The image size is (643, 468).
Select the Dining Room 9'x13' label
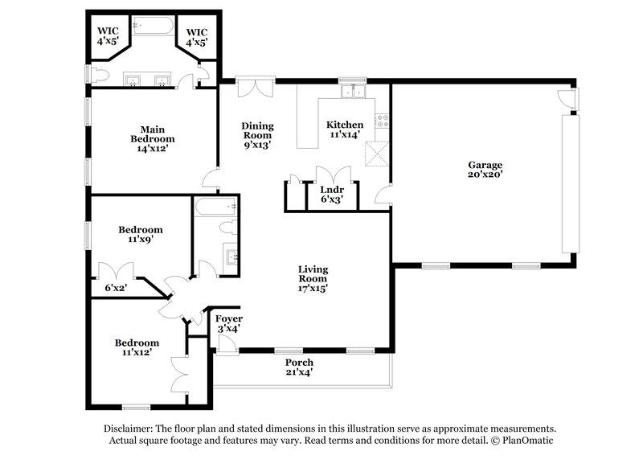(x=258, y=136)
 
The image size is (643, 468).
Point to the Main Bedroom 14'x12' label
(x=152, y=138)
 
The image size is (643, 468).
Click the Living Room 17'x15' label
(x=313, y=277)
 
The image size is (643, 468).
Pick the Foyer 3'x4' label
(x=229, y=323)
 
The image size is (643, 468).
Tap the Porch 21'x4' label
(x=298, y=367)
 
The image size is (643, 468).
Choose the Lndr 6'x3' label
(x=332, y=195)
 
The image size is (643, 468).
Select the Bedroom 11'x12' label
(x=136, y=347)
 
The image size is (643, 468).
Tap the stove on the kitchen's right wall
(x=383, y=123)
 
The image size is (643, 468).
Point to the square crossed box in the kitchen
(x=375, y=153)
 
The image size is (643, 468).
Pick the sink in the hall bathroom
(x=231, y=257)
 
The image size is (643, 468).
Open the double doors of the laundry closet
(x=332, y=176)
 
